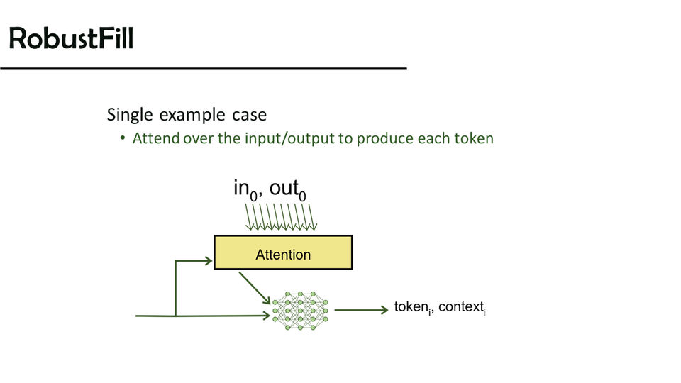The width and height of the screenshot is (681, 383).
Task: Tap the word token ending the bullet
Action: pyautogui.click(x=473, y=138)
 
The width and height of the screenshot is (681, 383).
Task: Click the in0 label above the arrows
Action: pyautogui.click(x=245, y=189)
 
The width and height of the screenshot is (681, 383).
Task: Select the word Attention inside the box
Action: pyautogui.click(x=283, y=254)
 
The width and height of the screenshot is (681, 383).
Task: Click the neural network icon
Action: pyautogui.click(x=301, y=309)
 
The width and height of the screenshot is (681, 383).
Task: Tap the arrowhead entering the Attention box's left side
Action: pyautogui.click(x=209, y=261)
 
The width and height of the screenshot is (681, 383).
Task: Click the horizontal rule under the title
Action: pyautogui.click(x=203, y=68)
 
